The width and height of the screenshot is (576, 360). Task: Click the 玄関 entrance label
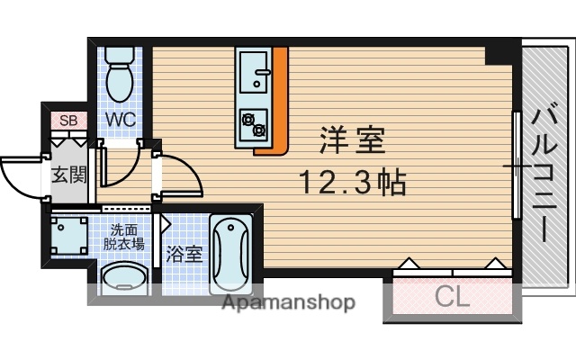[68, 174]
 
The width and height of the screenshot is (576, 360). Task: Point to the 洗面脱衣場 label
[123, 236]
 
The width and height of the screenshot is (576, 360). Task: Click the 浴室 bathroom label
[184, 254]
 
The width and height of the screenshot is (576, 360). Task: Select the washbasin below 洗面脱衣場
[123, 278]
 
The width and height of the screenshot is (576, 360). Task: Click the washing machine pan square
[68, 236]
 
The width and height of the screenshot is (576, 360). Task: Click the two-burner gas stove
[253, 123]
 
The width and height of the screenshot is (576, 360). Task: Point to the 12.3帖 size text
[352, 184]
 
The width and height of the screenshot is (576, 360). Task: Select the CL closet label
[453, 296]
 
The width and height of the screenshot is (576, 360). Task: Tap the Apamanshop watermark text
[289, 301]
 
